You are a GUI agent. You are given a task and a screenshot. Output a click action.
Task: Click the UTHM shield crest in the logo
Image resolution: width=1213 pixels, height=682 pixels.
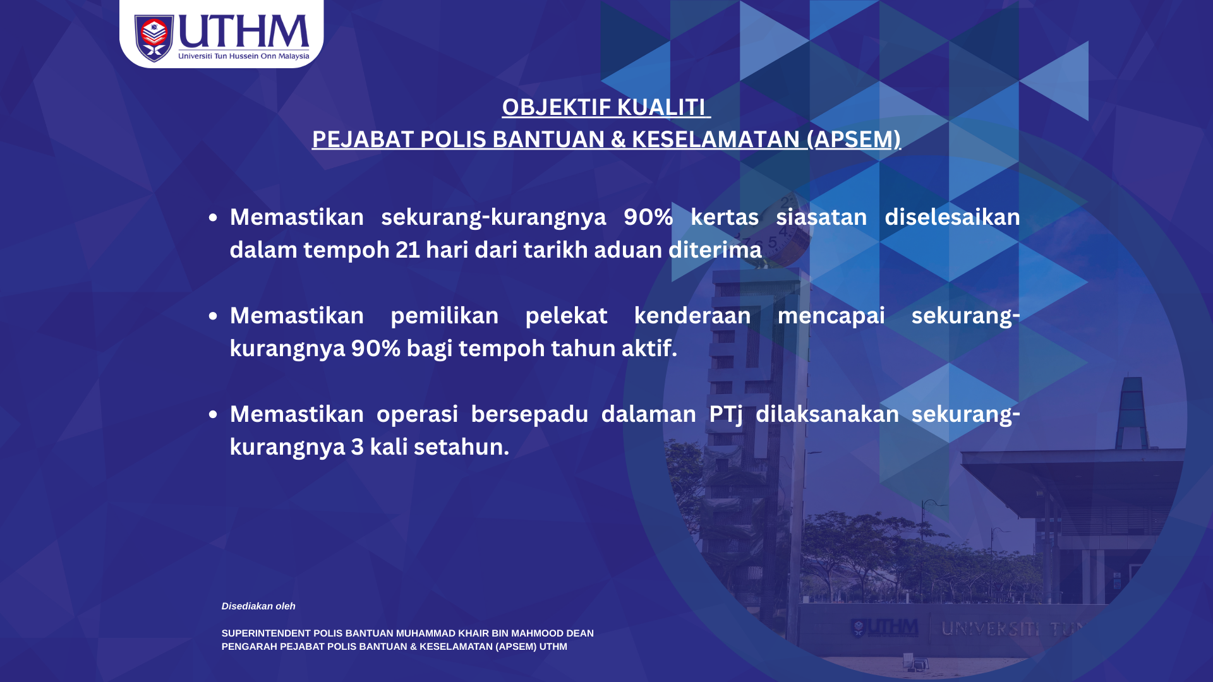click(154, 38)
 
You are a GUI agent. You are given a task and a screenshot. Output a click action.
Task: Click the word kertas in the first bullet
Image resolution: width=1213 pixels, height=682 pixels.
click(725, 217)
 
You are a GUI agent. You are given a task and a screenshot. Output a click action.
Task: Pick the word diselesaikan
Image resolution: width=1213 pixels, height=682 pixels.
click(952, 217)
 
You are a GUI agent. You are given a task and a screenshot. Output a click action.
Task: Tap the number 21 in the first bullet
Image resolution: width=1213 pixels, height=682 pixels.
click(407, 250)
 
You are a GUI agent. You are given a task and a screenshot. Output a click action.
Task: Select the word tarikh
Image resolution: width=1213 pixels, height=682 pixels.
click(555, 250)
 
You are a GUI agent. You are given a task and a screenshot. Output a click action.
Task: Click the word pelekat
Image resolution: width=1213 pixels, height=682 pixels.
click(566, 316)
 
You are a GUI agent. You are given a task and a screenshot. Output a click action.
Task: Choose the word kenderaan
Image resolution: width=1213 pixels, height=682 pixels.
click(692, 316)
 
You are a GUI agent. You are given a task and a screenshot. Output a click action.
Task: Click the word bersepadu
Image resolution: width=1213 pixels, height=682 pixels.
click(529, 414)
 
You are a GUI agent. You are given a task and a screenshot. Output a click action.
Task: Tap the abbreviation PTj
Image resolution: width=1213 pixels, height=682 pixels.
click(726, 415)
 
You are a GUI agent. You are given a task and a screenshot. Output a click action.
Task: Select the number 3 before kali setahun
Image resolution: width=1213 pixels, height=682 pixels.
click(358, 447)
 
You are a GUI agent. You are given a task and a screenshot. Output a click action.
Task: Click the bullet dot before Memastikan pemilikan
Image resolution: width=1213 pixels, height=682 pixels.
click(213, 316)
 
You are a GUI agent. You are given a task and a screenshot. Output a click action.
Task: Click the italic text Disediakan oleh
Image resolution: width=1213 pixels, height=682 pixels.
click(258, 606)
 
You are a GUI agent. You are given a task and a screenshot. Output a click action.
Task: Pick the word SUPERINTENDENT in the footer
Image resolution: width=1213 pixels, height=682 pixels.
click(266, 633)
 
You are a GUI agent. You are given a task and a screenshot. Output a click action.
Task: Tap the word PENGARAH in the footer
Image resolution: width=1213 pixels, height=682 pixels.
click(250, 647)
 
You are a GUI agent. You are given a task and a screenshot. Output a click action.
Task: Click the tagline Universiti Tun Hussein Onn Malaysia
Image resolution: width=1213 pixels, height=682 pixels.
click(244, 56)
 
